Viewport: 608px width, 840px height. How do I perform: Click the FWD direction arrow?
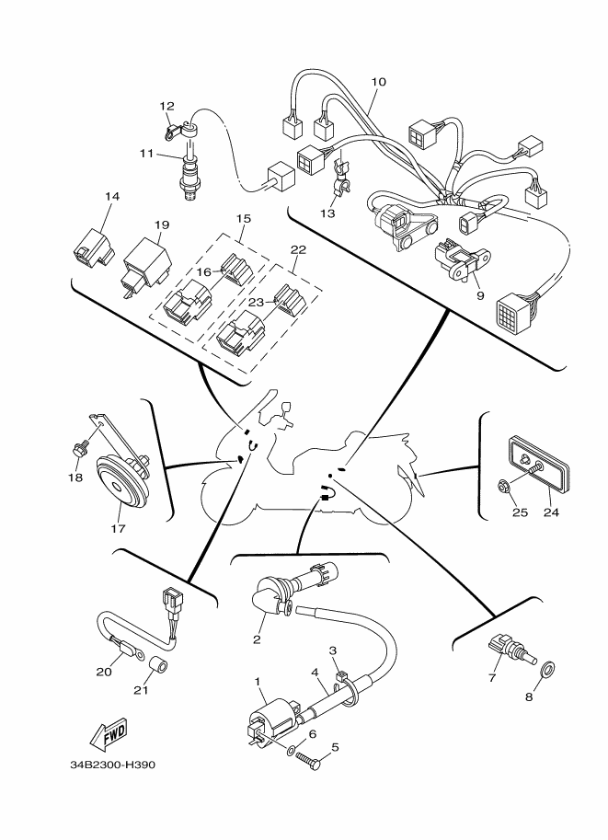click(109, 733)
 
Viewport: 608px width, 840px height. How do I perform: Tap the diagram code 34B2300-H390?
click(113, 765)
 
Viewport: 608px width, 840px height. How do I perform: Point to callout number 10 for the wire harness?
click(378, 82)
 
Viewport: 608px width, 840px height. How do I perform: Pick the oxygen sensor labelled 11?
click(190, 175)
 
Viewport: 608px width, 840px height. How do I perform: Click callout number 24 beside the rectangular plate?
click(551, 512)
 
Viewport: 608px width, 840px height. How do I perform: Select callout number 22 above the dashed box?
click(298, 250)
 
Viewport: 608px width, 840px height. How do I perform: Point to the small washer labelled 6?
click(291, 751)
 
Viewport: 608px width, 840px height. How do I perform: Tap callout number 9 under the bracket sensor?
click(480, 295)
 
